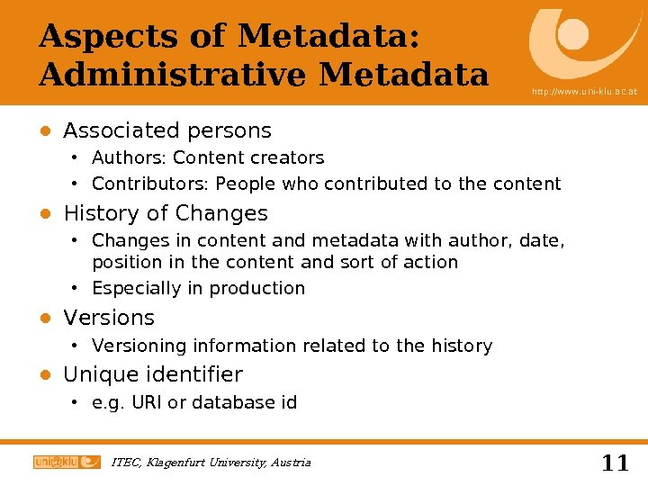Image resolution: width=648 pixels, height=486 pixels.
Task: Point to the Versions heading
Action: pyautogui.click(x=109, y=318)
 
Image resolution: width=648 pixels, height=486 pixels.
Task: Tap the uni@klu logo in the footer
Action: pyautogui.click(x=67, y=462)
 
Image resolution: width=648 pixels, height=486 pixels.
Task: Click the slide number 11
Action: pyautogui.click(x=615, y=463)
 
